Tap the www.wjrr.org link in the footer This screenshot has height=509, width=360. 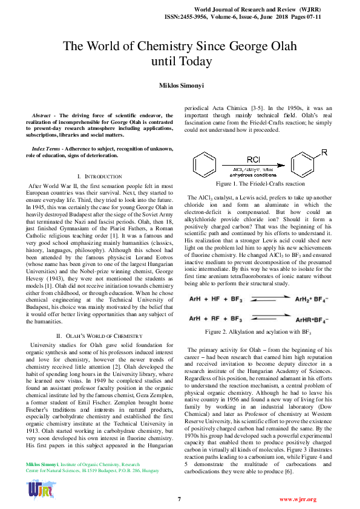(297, 499)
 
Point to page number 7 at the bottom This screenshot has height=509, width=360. (180, 499)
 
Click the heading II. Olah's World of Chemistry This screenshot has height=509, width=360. (99, 336)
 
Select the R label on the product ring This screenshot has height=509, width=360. (324, 152)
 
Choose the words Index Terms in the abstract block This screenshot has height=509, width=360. (46, 148)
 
